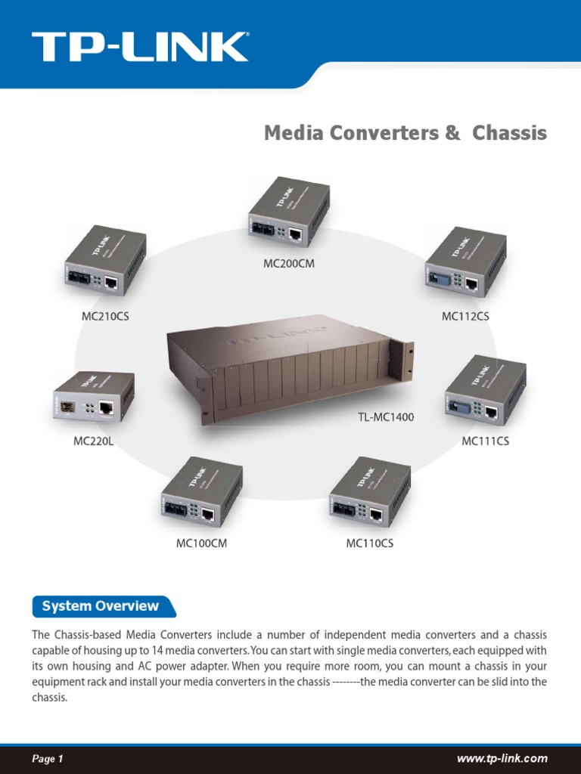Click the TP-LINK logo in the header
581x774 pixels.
(139, 47)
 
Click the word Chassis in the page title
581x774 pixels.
(509, 134)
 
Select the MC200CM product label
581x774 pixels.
(288, 264)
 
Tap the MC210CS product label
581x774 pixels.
(105, 317)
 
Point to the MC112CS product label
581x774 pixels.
(465, 317)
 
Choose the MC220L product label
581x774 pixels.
(93, 441)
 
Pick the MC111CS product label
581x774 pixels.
(485, 441)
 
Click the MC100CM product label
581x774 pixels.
(201, 543)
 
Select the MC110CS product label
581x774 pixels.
(369, 543)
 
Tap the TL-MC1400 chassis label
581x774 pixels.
(386, 416)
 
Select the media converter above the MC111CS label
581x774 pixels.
(485, 391)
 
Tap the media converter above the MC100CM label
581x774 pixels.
(201, 494)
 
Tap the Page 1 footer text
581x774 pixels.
(47, 759)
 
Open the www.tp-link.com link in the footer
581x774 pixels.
(502, 759)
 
